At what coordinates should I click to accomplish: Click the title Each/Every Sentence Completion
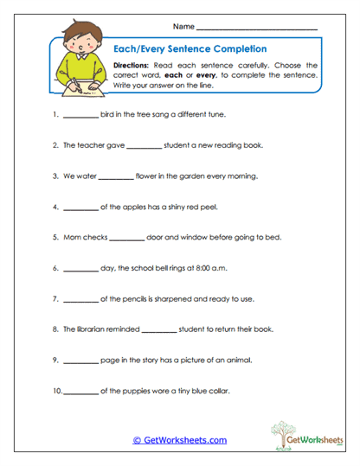[190, 49]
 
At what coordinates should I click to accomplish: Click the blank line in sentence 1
[81, 114]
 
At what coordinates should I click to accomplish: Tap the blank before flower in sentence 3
[116, 176]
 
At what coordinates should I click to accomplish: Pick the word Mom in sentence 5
[73, 237]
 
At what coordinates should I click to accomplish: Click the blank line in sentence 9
[81, 361]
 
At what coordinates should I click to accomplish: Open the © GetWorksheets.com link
[179, 440]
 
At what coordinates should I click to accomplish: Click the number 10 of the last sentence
[57, 391]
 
